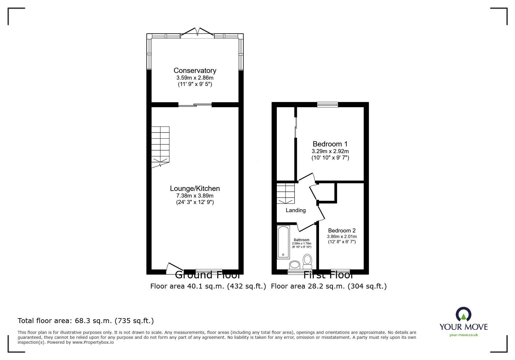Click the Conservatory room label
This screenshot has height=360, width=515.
[x=195, y=71]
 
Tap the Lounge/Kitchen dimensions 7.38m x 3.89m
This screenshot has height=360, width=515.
[x=195, y=196]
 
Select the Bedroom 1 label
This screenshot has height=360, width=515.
[x=330, y=144]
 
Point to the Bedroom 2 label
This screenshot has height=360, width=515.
[x=342, y=231]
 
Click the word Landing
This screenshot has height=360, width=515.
[x=295, y=210]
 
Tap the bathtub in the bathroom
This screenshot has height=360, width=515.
[x=283, y=242]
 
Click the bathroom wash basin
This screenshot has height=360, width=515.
[x=295, y=265]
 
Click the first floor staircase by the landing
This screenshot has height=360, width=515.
[x=286, y=193]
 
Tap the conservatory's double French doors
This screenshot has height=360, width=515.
[x=197, y=32]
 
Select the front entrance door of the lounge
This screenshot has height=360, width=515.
[x=174, y=268]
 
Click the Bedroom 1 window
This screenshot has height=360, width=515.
[x=327, y=105]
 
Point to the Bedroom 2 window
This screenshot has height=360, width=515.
[x=340, y=271]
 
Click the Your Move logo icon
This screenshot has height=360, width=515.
[x=463, y=314]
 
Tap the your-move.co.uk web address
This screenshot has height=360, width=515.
[x=464, y=335]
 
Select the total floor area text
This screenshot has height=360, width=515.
[x=86, y=321]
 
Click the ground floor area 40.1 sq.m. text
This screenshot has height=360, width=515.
[x=208, y=286]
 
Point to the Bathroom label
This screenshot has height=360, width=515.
[x=302, y=240]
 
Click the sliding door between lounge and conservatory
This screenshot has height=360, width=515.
[x=195, y=105]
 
